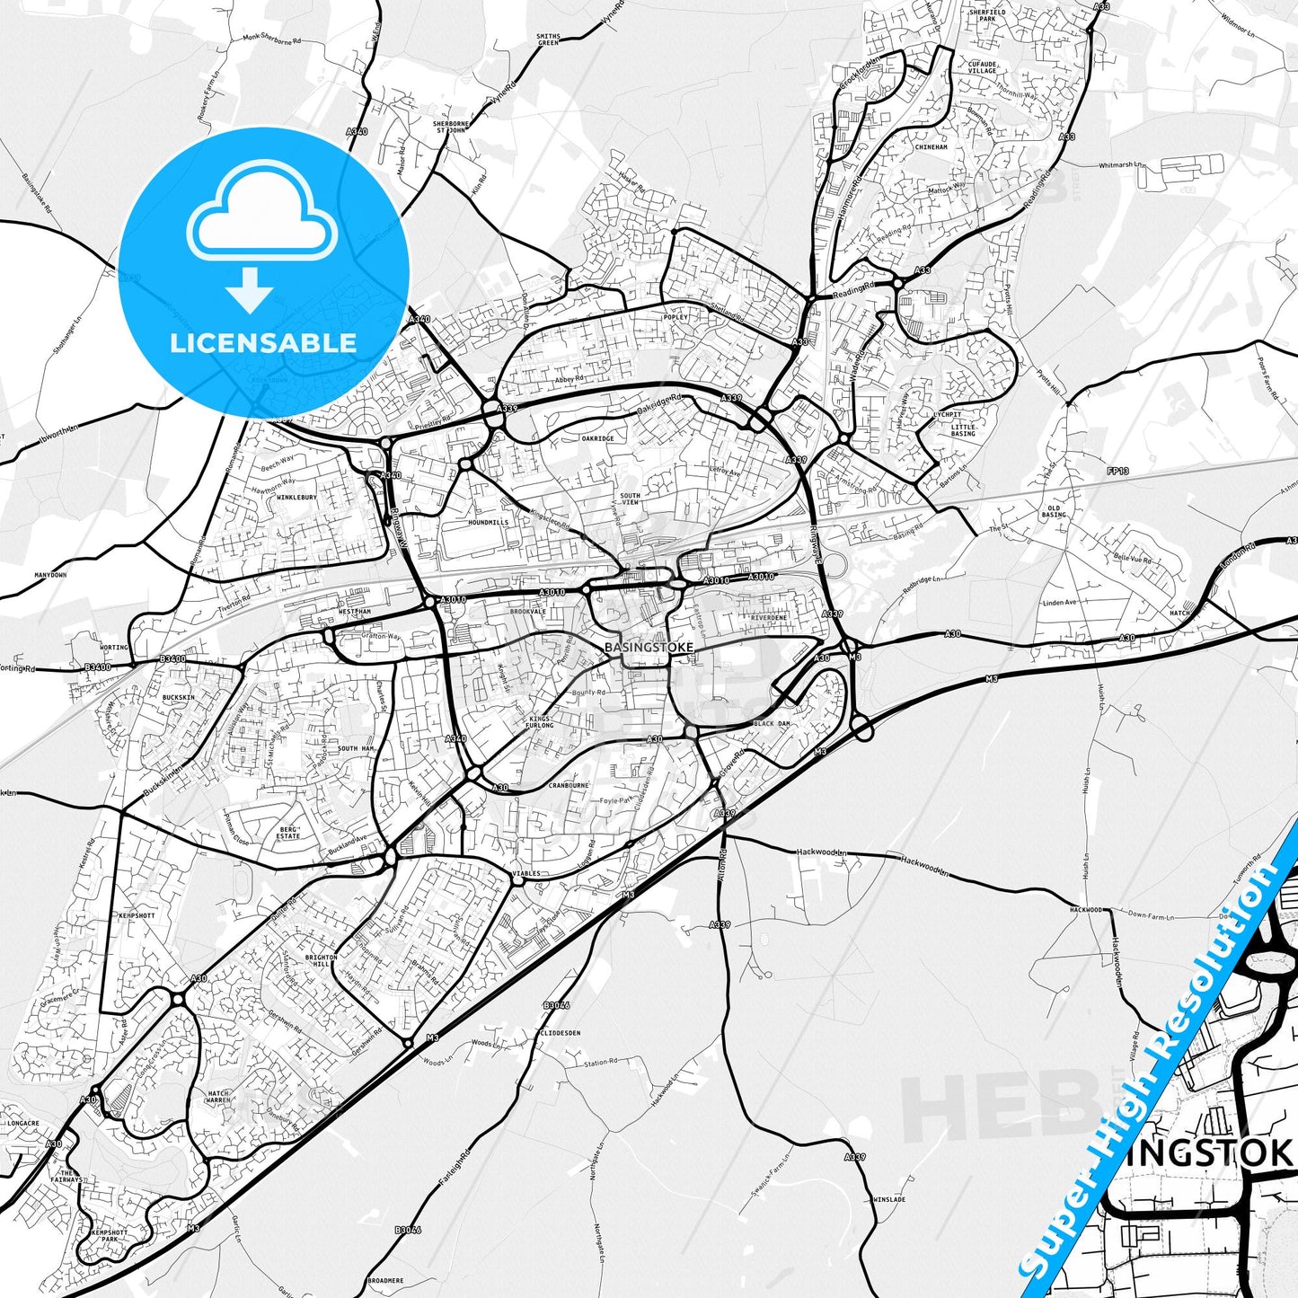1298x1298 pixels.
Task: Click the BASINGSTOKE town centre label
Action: coord(649,647)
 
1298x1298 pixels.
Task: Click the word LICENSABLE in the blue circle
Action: coord(263,343)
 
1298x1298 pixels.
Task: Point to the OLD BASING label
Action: coord(1055,512)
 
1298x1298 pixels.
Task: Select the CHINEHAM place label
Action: coord(931,147)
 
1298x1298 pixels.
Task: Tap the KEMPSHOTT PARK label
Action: coord(110,1236)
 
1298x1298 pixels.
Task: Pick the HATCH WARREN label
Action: coord(218,1097)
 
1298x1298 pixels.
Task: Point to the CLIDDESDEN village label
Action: coord(561,1033)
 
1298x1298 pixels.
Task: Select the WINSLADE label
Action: coord(889,1199)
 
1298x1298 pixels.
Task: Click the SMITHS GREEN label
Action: coord(548,40)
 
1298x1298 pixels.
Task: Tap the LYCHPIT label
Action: coord(948,415)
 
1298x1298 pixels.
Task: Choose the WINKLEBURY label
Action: coord(296,497)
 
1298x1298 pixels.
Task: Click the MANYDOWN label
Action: coord(50,575)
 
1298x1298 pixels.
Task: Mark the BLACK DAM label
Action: coord(772,723)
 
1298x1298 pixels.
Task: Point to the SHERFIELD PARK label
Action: coord(987,15)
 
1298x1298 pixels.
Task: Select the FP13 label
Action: coord(1117,471)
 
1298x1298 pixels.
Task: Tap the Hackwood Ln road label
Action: coord(822,852)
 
